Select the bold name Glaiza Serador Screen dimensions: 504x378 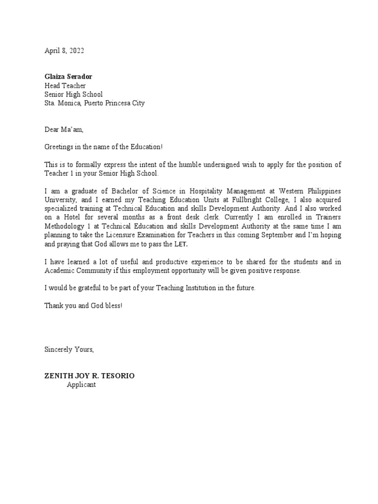tap(68, 77)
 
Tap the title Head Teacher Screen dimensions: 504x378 tap(65, 86)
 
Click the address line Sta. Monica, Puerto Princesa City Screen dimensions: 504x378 tap(94, 103)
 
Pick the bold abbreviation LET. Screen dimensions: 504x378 tap(181, 244)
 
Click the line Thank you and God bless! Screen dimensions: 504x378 tap(83, 306)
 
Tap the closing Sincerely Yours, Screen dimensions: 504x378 tap(69, 349)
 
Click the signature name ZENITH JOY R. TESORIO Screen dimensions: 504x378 tap(89, 376)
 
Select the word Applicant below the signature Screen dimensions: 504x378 tap(81, 385)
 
